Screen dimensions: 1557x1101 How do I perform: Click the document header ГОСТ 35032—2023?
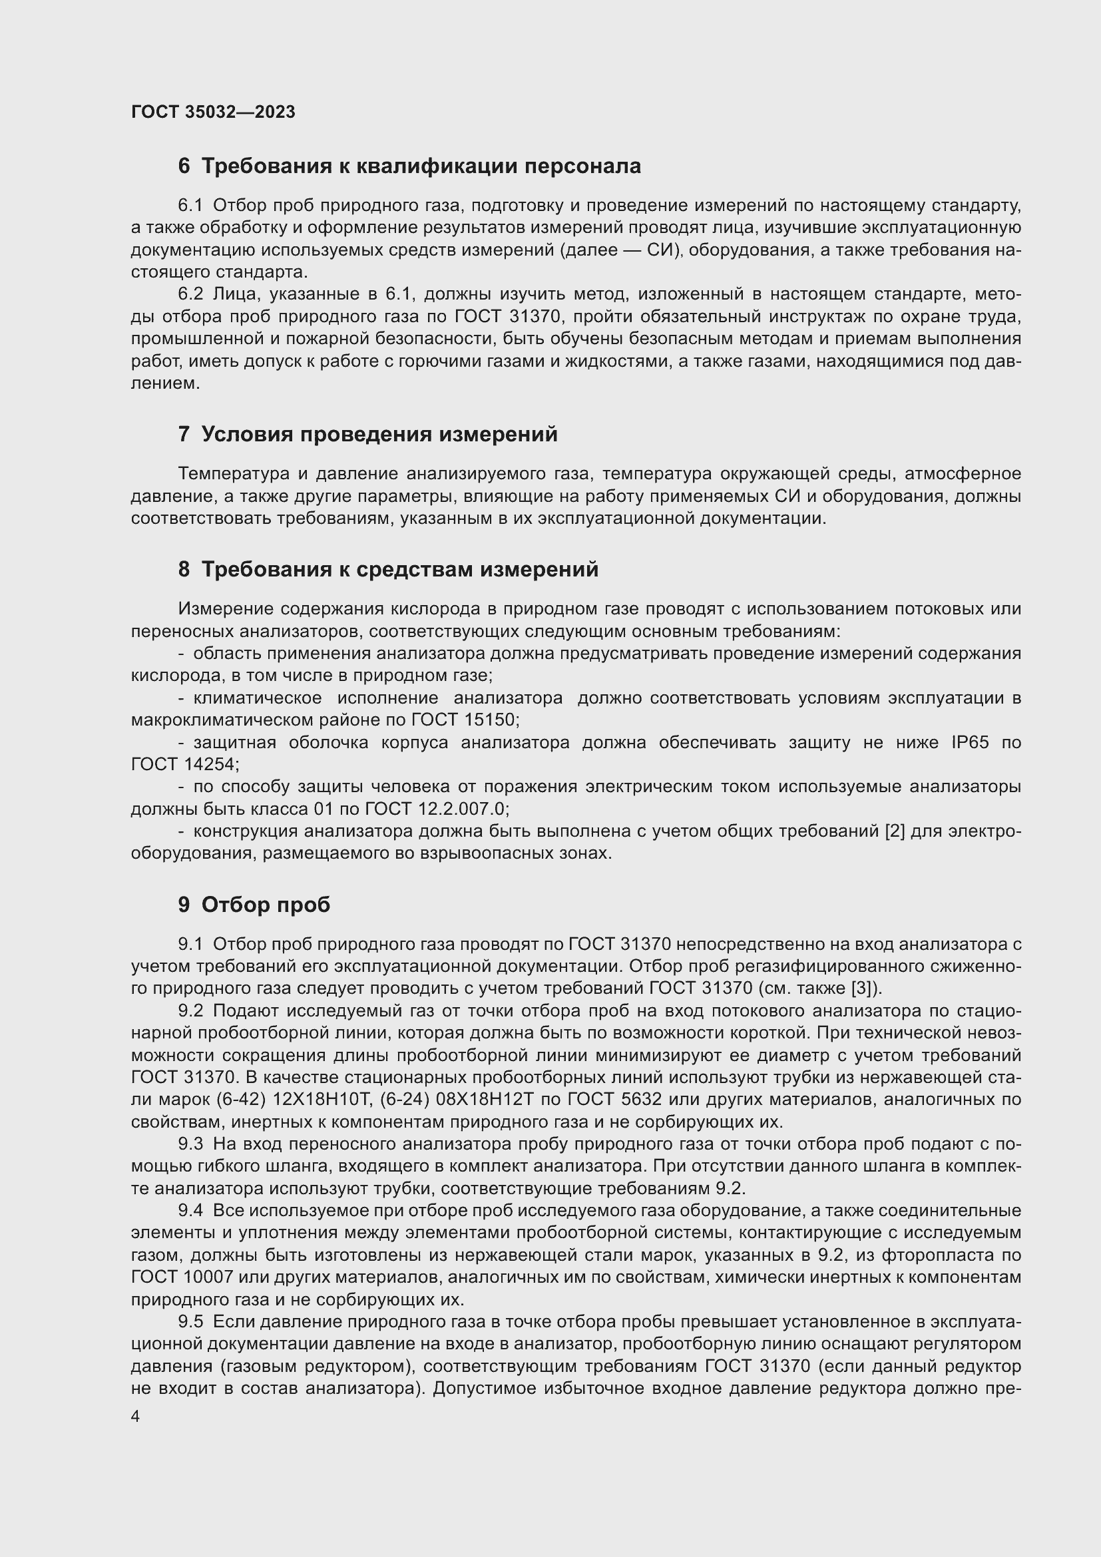point(213,112)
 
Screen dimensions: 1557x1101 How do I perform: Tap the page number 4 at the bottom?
point(136,1417)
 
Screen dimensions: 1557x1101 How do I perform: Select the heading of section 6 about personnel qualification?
point(409,166)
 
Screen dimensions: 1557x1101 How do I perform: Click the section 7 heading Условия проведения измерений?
point(368,434)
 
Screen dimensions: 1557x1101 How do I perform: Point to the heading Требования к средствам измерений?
point(389,569)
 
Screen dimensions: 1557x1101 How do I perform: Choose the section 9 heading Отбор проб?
point(254,905)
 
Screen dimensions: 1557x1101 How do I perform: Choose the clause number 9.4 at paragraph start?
point(190,1210)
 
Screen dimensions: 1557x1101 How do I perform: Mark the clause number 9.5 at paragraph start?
point(190,1322)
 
